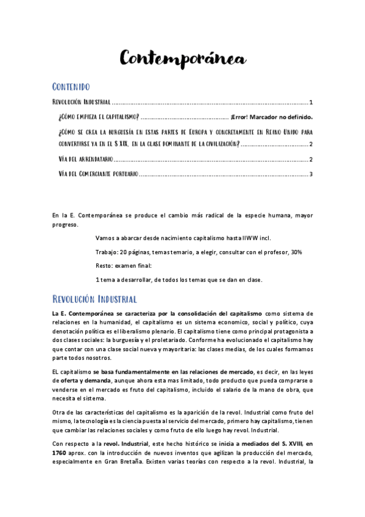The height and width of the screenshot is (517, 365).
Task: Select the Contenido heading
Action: pyautogui.click(x=71, y=87)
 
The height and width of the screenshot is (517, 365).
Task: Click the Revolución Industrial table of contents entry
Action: pyautogui.click(x=81, y=102)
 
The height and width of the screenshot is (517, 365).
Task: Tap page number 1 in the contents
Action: pyautogui.click(x=311, y=102)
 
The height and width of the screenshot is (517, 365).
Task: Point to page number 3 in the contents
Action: pyautogui.click(x=311, y=175)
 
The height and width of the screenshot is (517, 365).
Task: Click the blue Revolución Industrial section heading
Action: pyautogui.click(x=94, y=299)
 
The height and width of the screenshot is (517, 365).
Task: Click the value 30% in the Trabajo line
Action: pyautogui.click(x=296, y=252)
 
